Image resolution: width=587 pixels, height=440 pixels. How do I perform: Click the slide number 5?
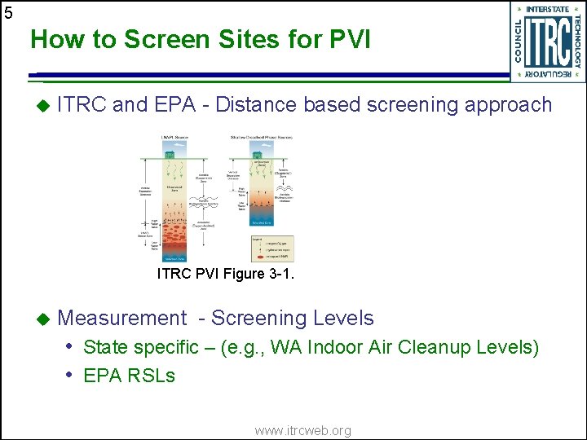(8, 12)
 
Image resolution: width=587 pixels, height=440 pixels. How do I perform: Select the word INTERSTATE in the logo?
(548, 9)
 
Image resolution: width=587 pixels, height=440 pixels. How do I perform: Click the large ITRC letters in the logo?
(548, 42)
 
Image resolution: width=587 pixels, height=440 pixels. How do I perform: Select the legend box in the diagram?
(272, 248)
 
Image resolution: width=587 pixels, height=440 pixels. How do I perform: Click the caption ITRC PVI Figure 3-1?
(225, 275)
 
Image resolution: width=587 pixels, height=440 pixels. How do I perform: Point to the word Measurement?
(122, 319)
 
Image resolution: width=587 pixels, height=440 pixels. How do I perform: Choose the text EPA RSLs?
(129, 376)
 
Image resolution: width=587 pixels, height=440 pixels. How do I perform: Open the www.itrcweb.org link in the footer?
(302, 430)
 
